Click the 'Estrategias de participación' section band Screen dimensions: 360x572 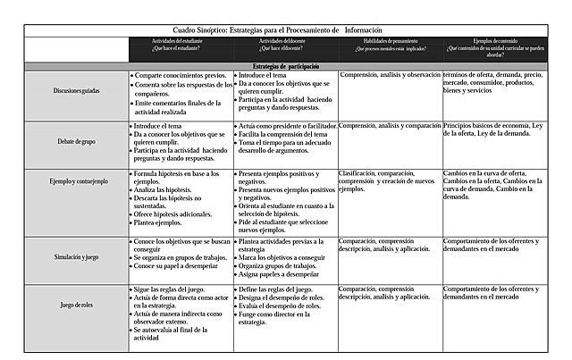point(285,66)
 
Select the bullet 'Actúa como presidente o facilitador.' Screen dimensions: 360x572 point(288,126)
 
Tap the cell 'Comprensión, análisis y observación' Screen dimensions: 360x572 point(391,76)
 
